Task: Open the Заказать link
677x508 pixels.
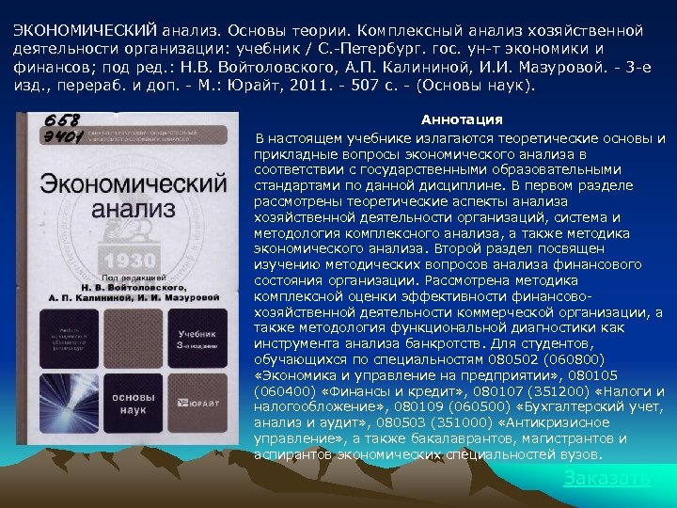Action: pyautogui.click(x=606, y=478)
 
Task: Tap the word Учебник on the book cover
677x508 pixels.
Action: pyautogui.click(x=197, y=333)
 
